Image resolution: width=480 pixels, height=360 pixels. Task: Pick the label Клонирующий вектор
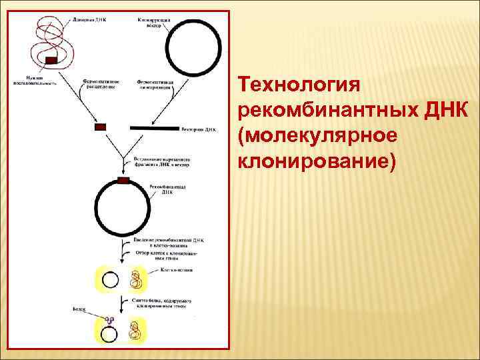point(155,23)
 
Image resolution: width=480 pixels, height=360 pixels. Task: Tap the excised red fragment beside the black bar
point(101,127)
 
